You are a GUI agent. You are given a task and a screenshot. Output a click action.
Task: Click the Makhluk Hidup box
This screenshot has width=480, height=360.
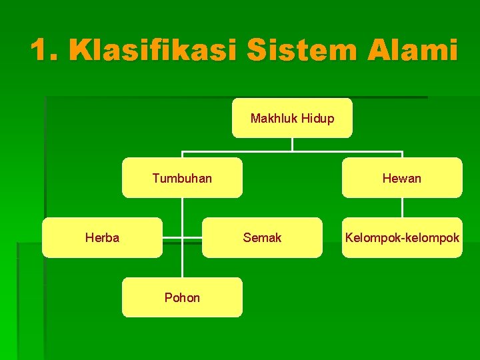(292, 118)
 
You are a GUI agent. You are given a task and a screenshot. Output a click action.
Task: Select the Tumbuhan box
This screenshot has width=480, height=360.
(182, 178)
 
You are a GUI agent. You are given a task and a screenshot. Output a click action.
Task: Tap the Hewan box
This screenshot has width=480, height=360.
(402, 178)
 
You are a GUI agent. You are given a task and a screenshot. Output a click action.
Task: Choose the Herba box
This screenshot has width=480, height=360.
(102, 237)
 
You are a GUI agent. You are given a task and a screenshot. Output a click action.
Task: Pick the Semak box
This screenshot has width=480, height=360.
(262, 237)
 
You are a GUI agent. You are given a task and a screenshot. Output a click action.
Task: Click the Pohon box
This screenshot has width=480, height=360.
(182, 297)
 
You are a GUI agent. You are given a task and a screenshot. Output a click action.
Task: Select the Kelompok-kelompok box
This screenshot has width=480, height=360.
(402, 237)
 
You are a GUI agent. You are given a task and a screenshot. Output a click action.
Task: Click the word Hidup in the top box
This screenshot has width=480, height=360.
(317, 119)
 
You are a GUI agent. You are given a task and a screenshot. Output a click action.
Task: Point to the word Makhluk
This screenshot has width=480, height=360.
(274, 119)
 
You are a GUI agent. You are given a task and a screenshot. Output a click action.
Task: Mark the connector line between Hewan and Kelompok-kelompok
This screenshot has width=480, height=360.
(402, 208)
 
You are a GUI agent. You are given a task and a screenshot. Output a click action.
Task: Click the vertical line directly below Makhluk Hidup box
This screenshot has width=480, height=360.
(292, 144)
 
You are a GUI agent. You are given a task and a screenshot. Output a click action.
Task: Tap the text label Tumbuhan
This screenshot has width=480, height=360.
(182, 178)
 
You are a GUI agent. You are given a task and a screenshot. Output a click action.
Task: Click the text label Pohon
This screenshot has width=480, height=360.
(182, 297)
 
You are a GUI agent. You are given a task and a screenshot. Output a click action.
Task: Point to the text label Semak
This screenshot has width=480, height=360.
(262, 237)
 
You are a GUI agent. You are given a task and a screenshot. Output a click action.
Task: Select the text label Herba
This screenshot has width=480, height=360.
(102, 237)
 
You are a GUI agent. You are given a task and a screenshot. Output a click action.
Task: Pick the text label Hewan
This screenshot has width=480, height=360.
(402, 178)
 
